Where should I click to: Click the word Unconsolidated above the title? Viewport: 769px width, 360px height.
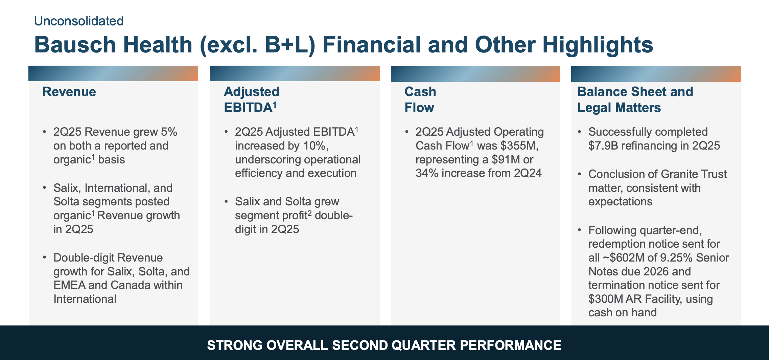click(78, 21)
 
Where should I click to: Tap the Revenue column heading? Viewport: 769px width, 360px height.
click(69, 92)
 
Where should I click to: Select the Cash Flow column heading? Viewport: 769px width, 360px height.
click(420, 99)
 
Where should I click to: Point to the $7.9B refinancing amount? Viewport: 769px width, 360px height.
click(603, 146)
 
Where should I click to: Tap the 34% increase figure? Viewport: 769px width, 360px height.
click(427, 173)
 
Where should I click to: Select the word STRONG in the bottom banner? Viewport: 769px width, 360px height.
click(234, 345)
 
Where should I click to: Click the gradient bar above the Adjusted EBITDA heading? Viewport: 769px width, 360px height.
click(295, 73)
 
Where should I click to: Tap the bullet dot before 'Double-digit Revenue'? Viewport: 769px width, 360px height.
click(44, 257)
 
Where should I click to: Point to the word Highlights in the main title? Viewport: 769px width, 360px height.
click(598, 45)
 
